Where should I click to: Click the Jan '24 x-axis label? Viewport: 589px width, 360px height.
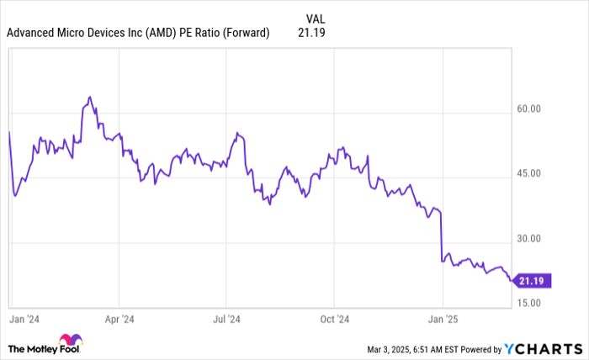pos(23,320)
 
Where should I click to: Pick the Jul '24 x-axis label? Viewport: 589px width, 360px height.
pos(226,320)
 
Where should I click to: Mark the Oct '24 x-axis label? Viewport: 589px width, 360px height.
pos(334,320)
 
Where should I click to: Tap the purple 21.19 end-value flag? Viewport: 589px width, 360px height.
pos(533,281)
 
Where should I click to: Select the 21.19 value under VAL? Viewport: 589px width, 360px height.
pos(311,33)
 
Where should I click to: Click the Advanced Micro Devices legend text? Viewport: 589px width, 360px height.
pos(138,33)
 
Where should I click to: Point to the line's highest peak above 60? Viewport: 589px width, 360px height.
pos(89,97)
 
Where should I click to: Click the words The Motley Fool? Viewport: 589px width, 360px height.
pos(34,347)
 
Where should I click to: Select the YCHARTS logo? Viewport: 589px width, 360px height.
pos(543,348)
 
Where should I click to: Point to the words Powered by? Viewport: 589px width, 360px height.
pos(477,348)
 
